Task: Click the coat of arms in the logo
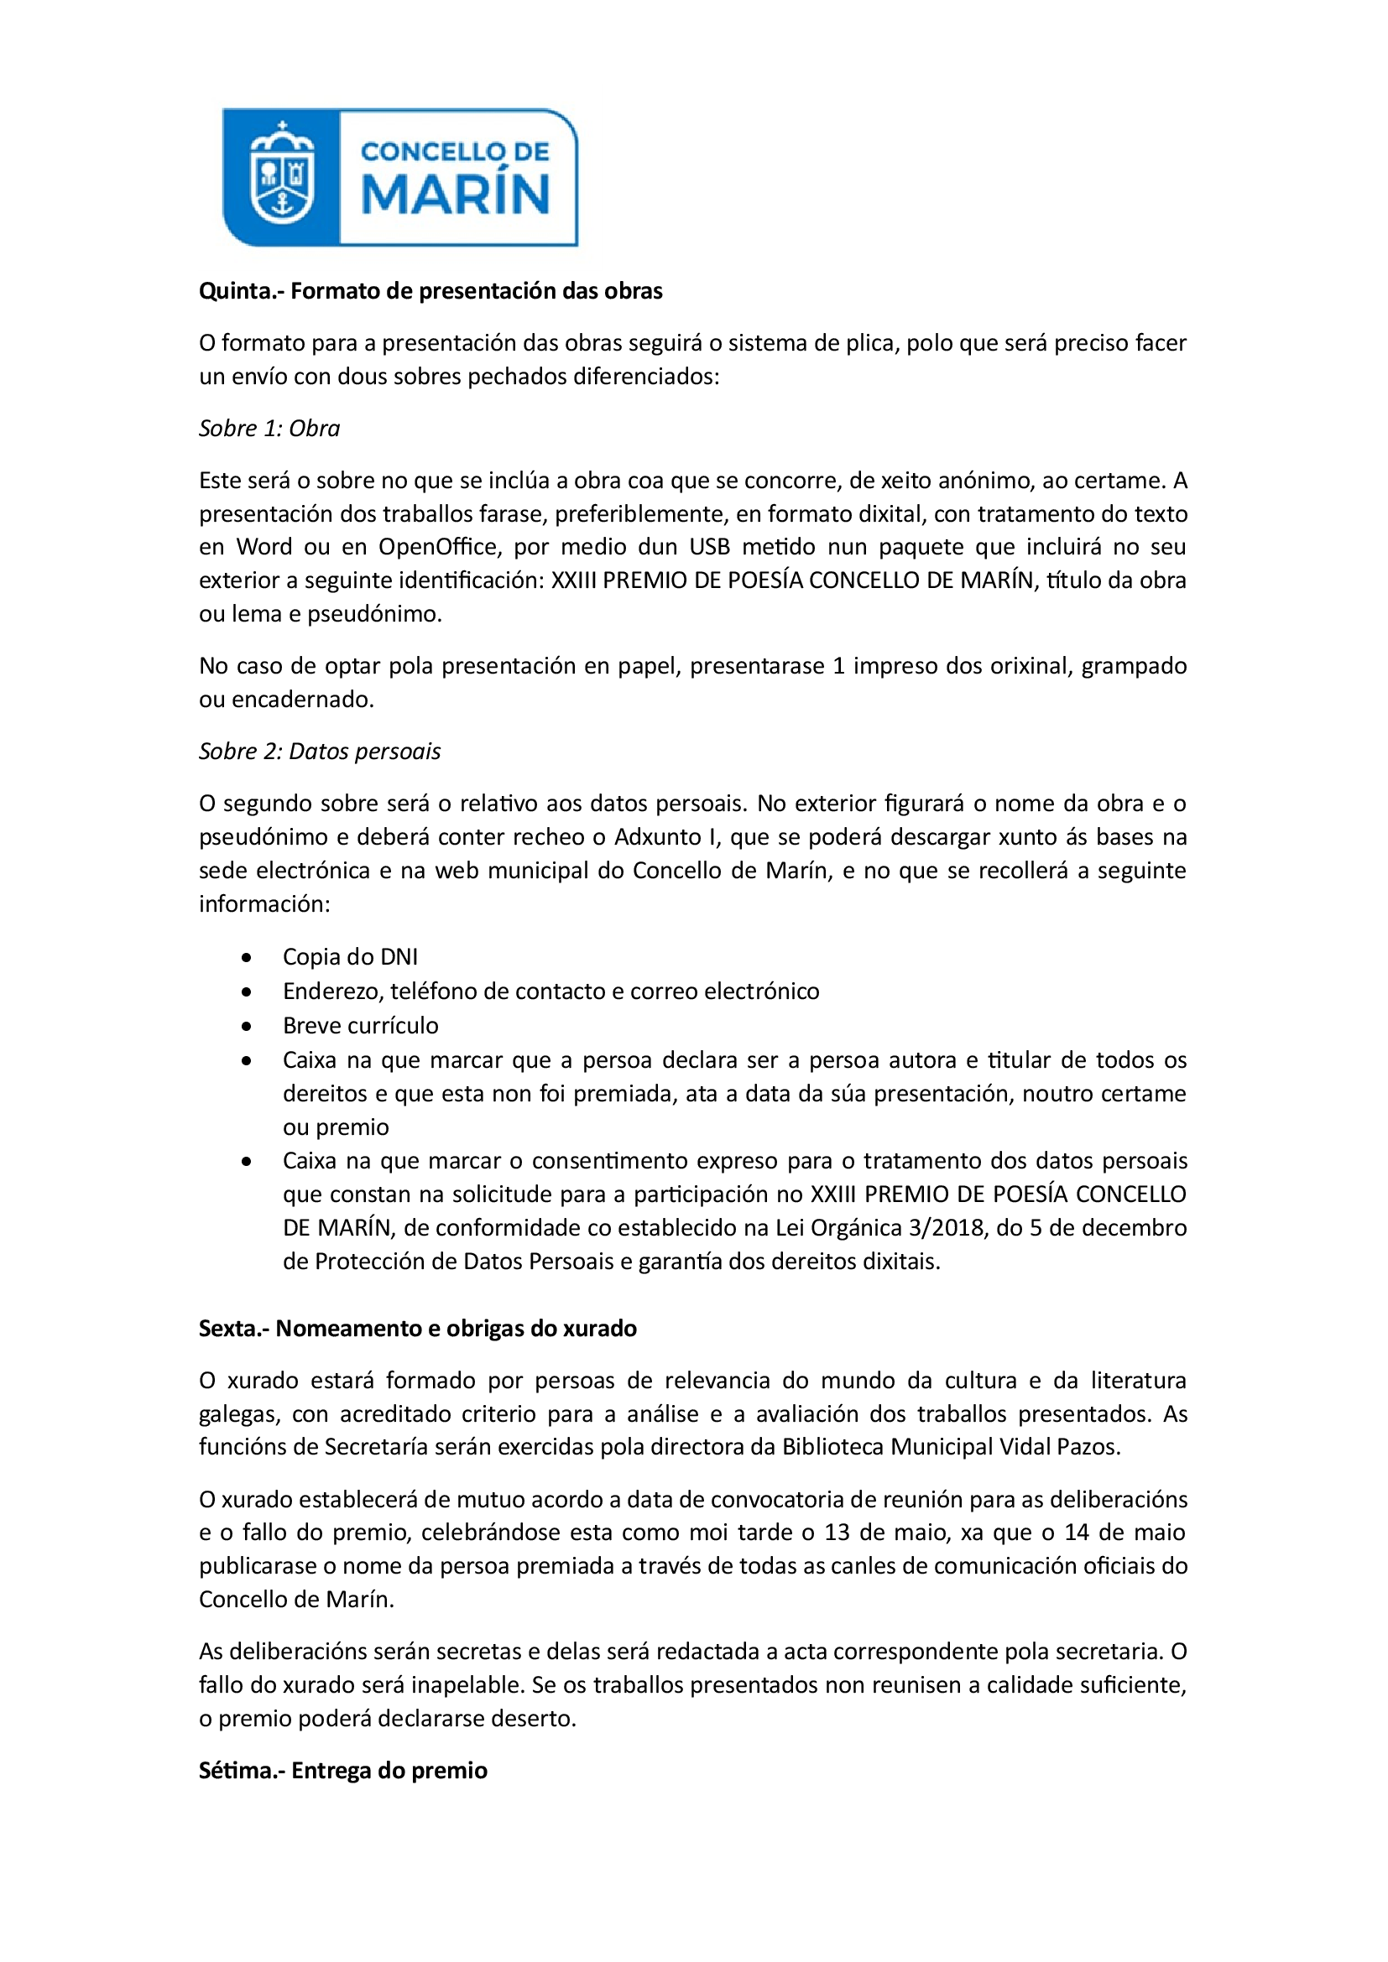point(281,174)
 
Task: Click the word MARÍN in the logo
point(456,194)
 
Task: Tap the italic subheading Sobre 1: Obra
point(269,428)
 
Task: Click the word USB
point(709,547)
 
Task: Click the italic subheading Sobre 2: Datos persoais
point(320,751)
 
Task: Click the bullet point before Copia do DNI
point(247,958)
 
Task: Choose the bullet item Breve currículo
point(361,1025)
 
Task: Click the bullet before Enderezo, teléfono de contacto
point(247,992)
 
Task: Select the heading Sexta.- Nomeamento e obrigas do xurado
point(418,1329)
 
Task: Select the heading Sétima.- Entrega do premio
point(342,1771)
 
